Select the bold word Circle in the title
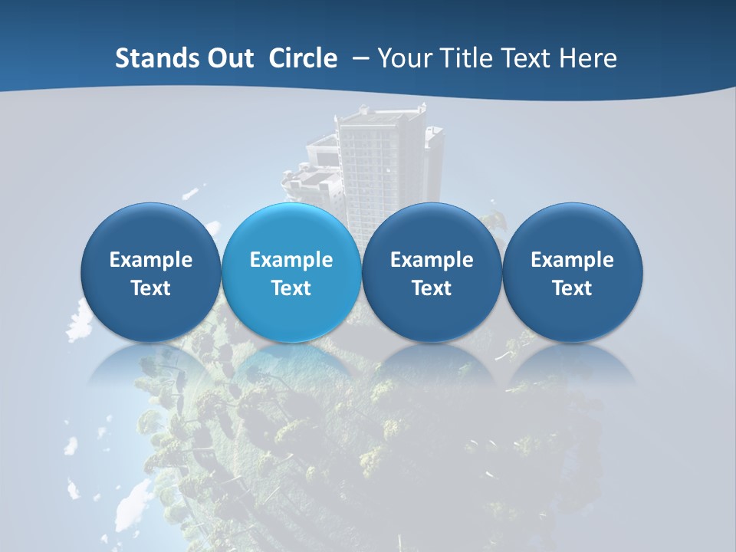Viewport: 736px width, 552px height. click(x=303, y=58)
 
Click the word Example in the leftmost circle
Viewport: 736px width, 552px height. click(x=150, y=260)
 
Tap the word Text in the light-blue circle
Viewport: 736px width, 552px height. click(x=291, y=288)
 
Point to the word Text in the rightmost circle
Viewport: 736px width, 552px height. click(x=572, y=288)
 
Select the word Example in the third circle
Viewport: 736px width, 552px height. click(x=432, y=260)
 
